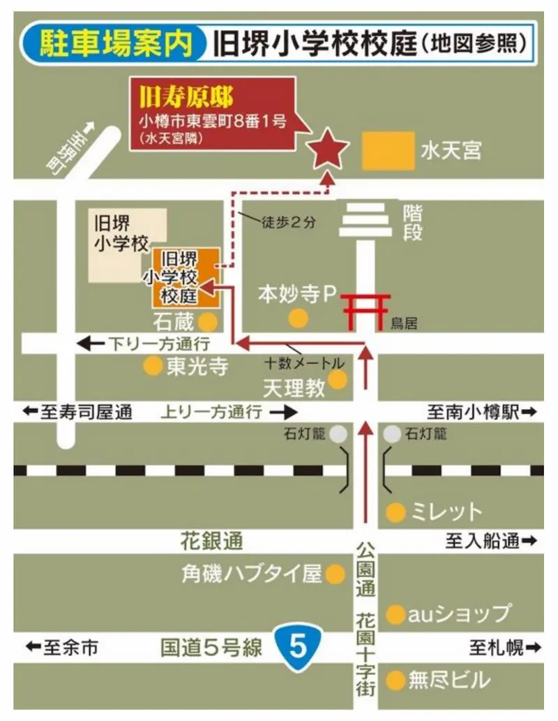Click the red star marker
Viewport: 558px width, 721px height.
point(328,149)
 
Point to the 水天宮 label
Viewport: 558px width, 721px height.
point(451,150)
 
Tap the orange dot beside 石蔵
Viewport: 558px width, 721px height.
point(207,322)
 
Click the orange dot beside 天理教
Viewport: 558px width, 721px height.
point(338,379)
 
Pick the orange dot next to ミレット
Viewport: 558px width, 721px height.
point(395,512)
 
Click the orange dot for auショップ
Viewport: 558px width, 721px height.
point(395,614)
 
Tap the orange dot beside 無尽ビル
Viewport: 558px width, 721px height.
point(395,678)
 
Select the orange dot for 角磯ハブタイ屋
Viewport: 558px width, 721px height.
point(335,574)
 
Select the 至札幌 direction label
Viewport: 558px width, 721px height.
point(503,648)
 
